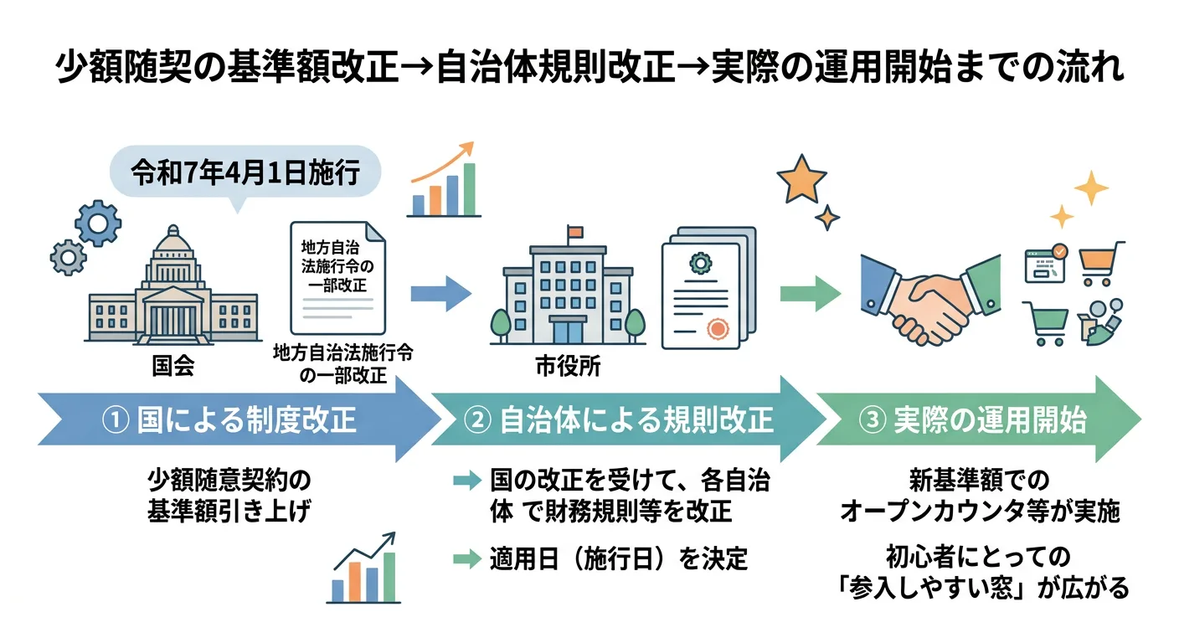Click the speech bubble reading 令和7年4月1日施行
tap(245, 173)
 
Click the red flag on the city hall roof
tap(574, 231)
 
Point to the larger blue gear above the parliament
tap(98, 222)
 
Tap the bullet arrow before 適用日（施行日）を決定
tap(464, 558)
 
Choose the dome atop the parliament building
tap(173, 244)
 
